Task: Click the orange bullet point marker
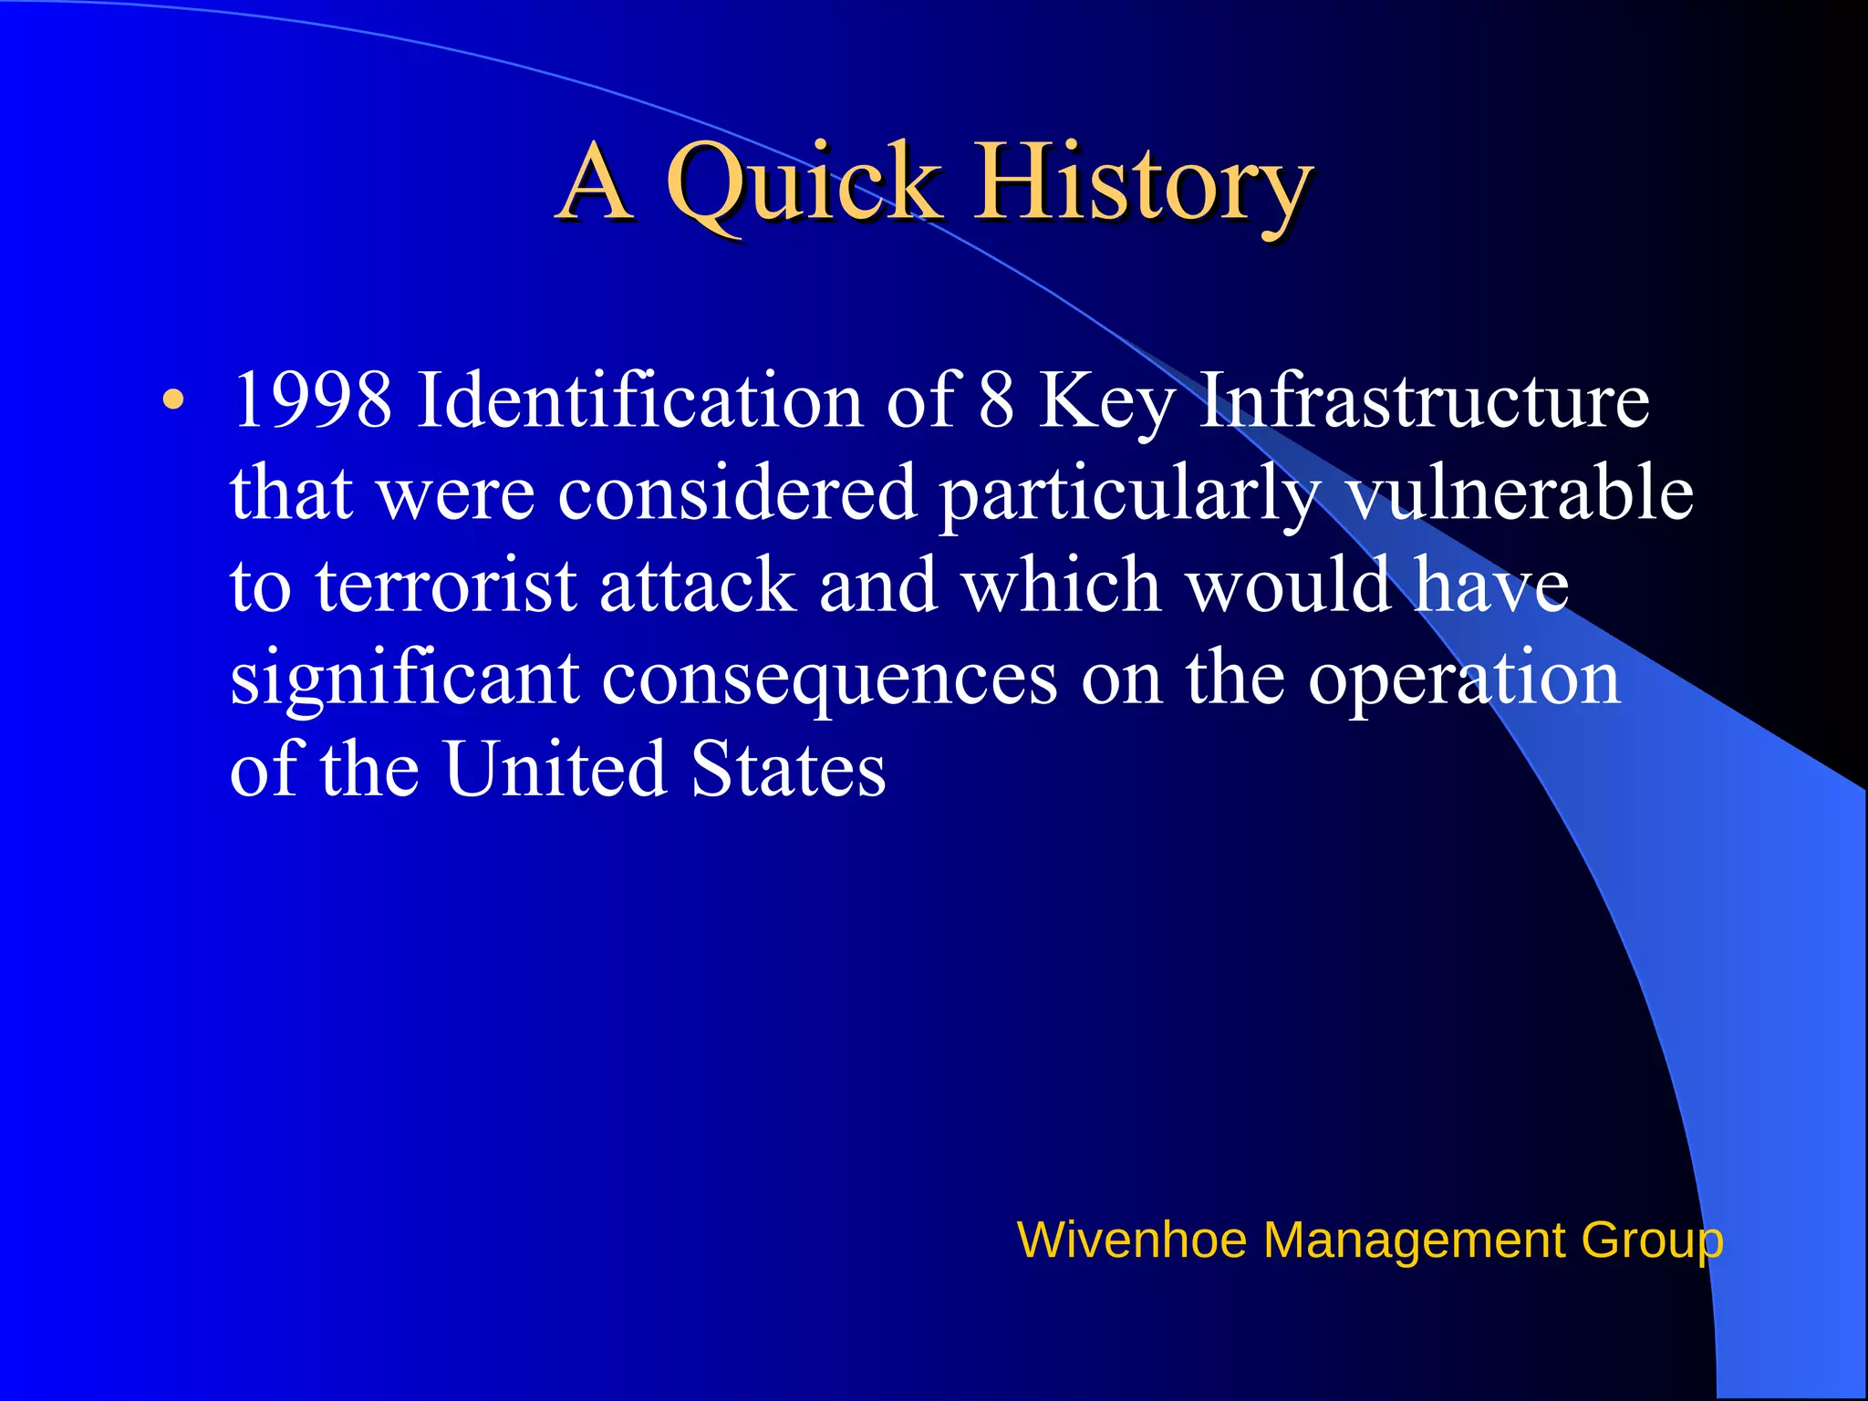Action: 173,400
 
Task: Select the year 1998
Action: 312,400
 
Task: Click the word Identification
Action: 638,400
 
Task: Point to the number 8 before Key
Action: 996,400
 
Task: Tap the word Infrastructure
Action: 1423,400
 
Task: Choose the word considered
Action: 737,493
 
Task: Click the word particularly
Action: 1129,493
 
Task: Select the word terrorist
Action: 447,585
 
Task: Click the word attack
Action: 698,585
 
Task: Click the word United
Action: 555,768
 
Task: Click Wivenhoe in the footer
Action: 1131,1240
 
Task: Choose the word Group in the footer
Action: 1652,1240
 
